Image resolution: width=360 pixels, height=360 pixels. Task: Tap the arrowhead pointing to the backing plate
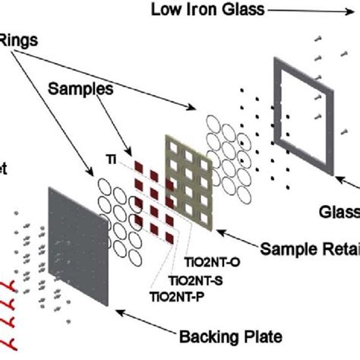(x=121, y=309)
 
